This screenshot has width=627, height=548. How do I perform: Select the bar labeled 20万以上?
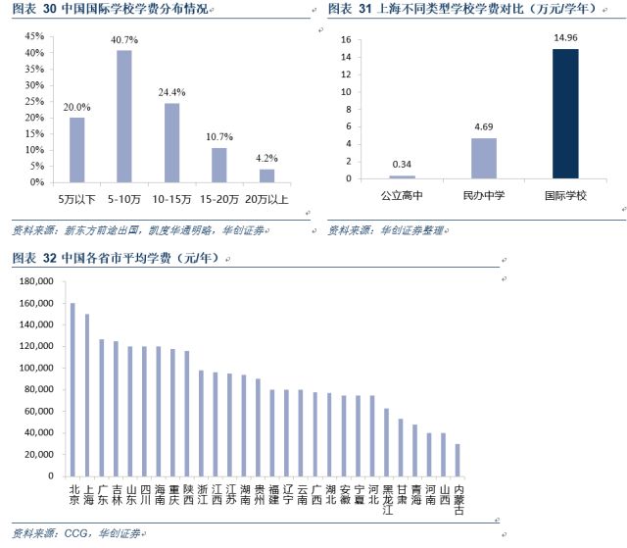click(x=266, y=175)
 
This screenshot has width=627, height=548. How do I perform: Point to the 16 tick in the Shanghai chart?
click(x=346, y=40)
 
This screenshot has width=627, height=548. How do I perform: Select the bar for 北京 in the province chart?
click(x=72, y=389)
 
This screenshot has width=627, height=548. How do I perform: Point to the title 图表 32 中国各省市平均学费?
click(x=118, y=258)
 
